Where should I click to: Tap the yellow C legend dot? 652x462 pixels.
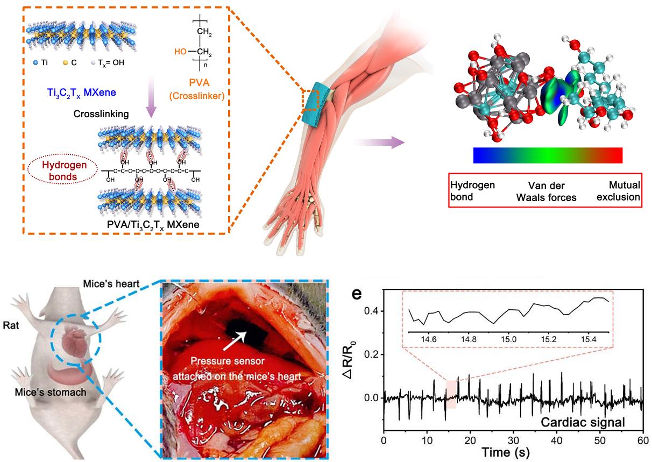(x=72, y=62)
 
